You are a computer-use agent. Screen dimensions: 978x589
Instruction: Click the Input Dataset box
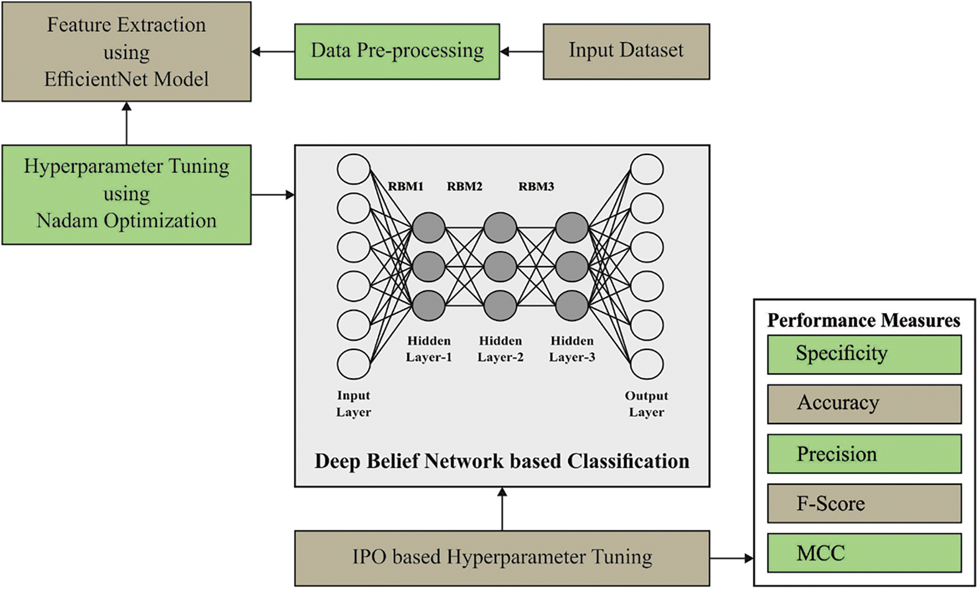click(626, 51)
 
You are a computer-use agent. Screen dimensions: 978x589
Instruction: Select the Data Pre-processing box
click(397, 51)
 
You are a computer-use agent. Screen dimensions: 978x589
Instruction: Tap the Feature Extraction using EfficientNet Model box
click(126, 51)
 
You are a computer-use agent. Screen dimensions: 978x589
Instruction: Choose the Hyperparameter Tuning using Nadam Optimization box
click(126, 194)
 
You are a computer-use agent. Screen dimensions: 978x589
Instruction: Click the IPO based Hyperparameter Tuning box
click(502, 558)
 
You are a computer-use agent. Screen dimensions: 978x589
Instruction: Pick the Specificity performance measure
click(864, 354)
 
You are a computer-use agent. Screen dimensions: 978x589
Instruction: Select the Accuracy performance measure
click(864, 404)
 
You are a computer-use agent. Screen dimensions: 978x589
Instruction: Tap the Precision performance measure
click(864, 454)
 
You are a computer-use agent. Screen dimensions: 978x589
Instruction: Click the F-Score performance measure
click(864, 503)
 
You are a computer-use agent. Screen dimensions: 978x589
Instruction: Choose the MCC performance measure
click(864, 553)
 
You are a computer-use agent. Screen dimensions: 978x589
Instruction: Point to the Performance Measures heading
click(864, 320)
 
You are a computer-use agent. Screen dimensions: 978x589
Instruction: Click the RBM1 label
click(406, 186)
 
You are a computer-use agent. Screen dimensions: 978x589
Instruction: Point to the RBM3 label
click(536, 186)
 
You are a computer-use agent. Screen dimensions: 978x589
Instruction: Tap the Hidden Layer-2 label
click(500, 349)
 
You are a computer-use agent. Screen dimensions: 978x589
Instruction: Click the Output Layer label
click(646, 404)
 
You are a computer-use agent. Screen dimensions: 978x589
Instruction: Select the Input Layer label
click(353, 404)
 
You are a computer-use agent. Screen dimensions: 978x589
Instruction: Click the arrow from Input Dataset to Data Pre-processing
click(522, 51)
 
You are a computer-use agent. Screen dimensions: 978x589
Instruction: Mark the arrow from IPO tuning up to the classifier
click(502, 509)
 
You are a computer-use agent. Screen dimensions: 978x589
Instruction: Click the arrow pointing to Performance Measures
click(732, 558)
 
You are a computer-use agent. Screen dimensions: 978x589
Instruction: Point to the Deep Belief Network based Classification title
click(502, 461)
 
